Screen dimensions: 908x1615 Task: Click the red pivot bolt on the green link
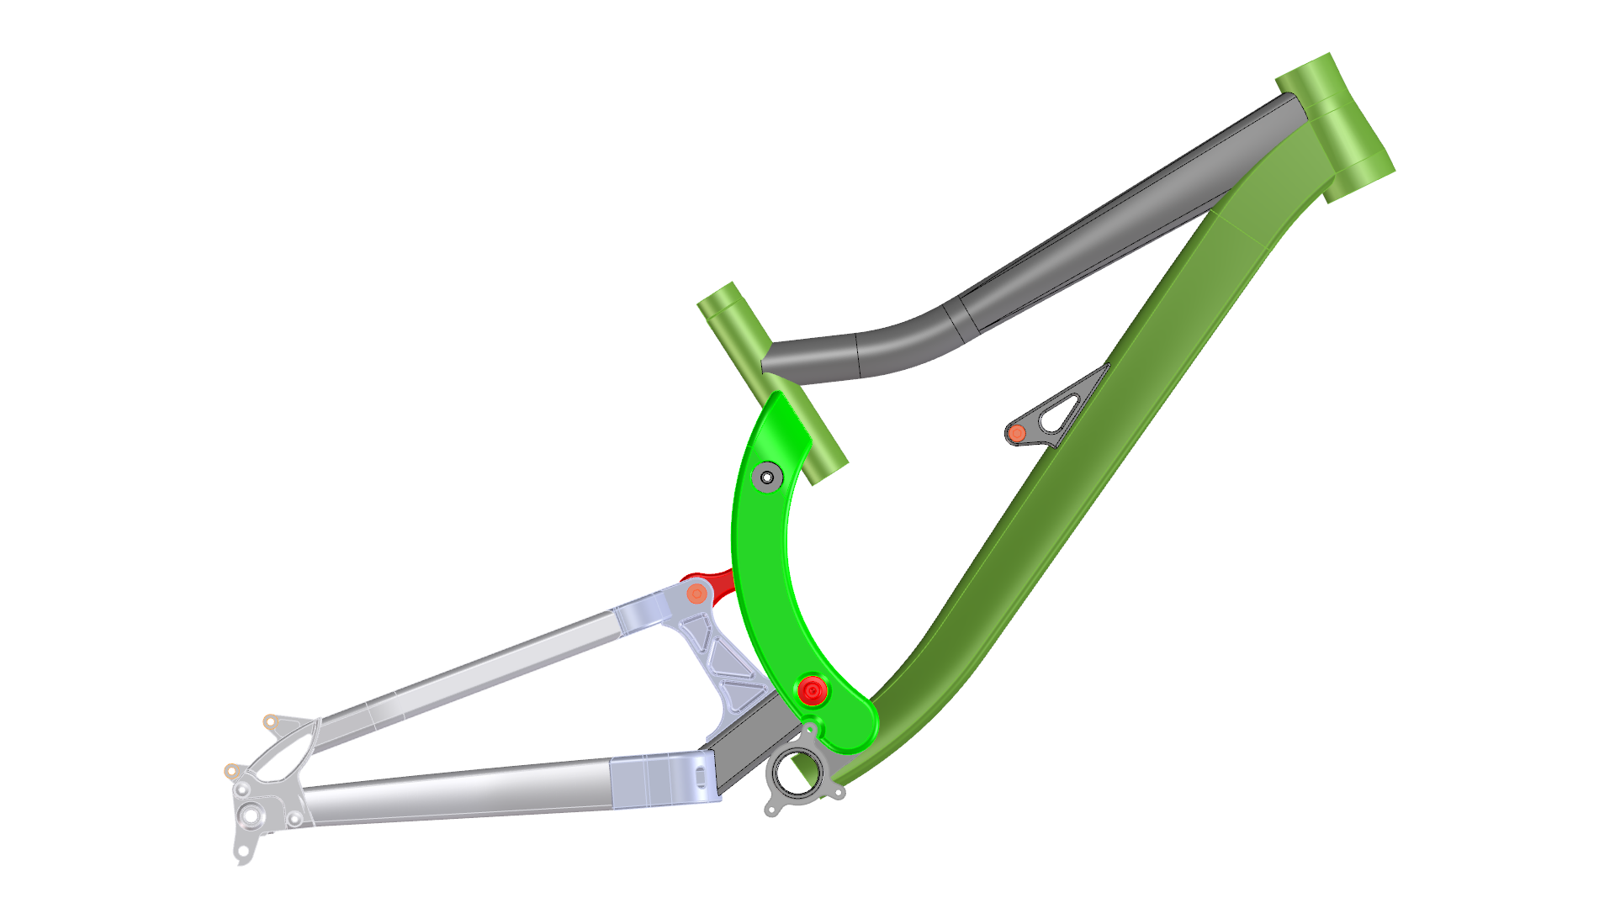click(812, 691)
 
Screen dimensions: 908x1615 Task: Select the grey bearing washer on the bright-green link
click(766, 477)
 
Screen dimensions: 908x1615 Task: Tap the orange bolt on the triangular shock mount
click(1017, 434)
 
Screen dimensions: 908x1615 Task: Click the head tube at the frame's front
click(1336, 126)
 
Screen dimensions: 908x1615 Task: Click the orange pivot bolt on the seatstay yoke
click(696, 594)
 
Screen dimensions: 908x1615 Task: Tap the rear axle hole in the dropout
click(251, 815)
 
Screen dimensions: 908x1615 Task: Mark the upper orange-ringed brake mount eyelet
click(271, 721)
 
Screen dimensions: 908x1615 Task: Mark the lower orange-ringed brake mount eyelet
click(231, 771)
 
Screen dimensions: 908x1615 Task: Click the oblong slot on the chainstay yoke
click(701, 777)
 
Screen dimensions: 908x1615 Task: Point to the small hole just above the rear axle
click(242, 791)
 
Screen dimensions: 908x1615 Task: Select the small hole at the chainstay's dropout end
click(294, 819)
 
